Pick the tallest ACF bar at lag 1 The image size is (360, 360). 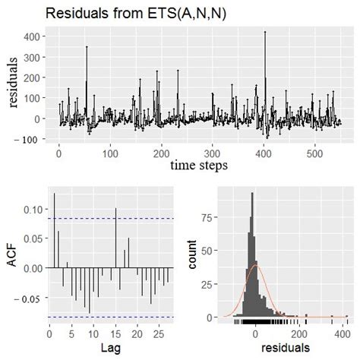tap(54, 194)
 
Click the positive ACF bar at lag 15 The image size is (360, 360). tap(115, 209)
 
